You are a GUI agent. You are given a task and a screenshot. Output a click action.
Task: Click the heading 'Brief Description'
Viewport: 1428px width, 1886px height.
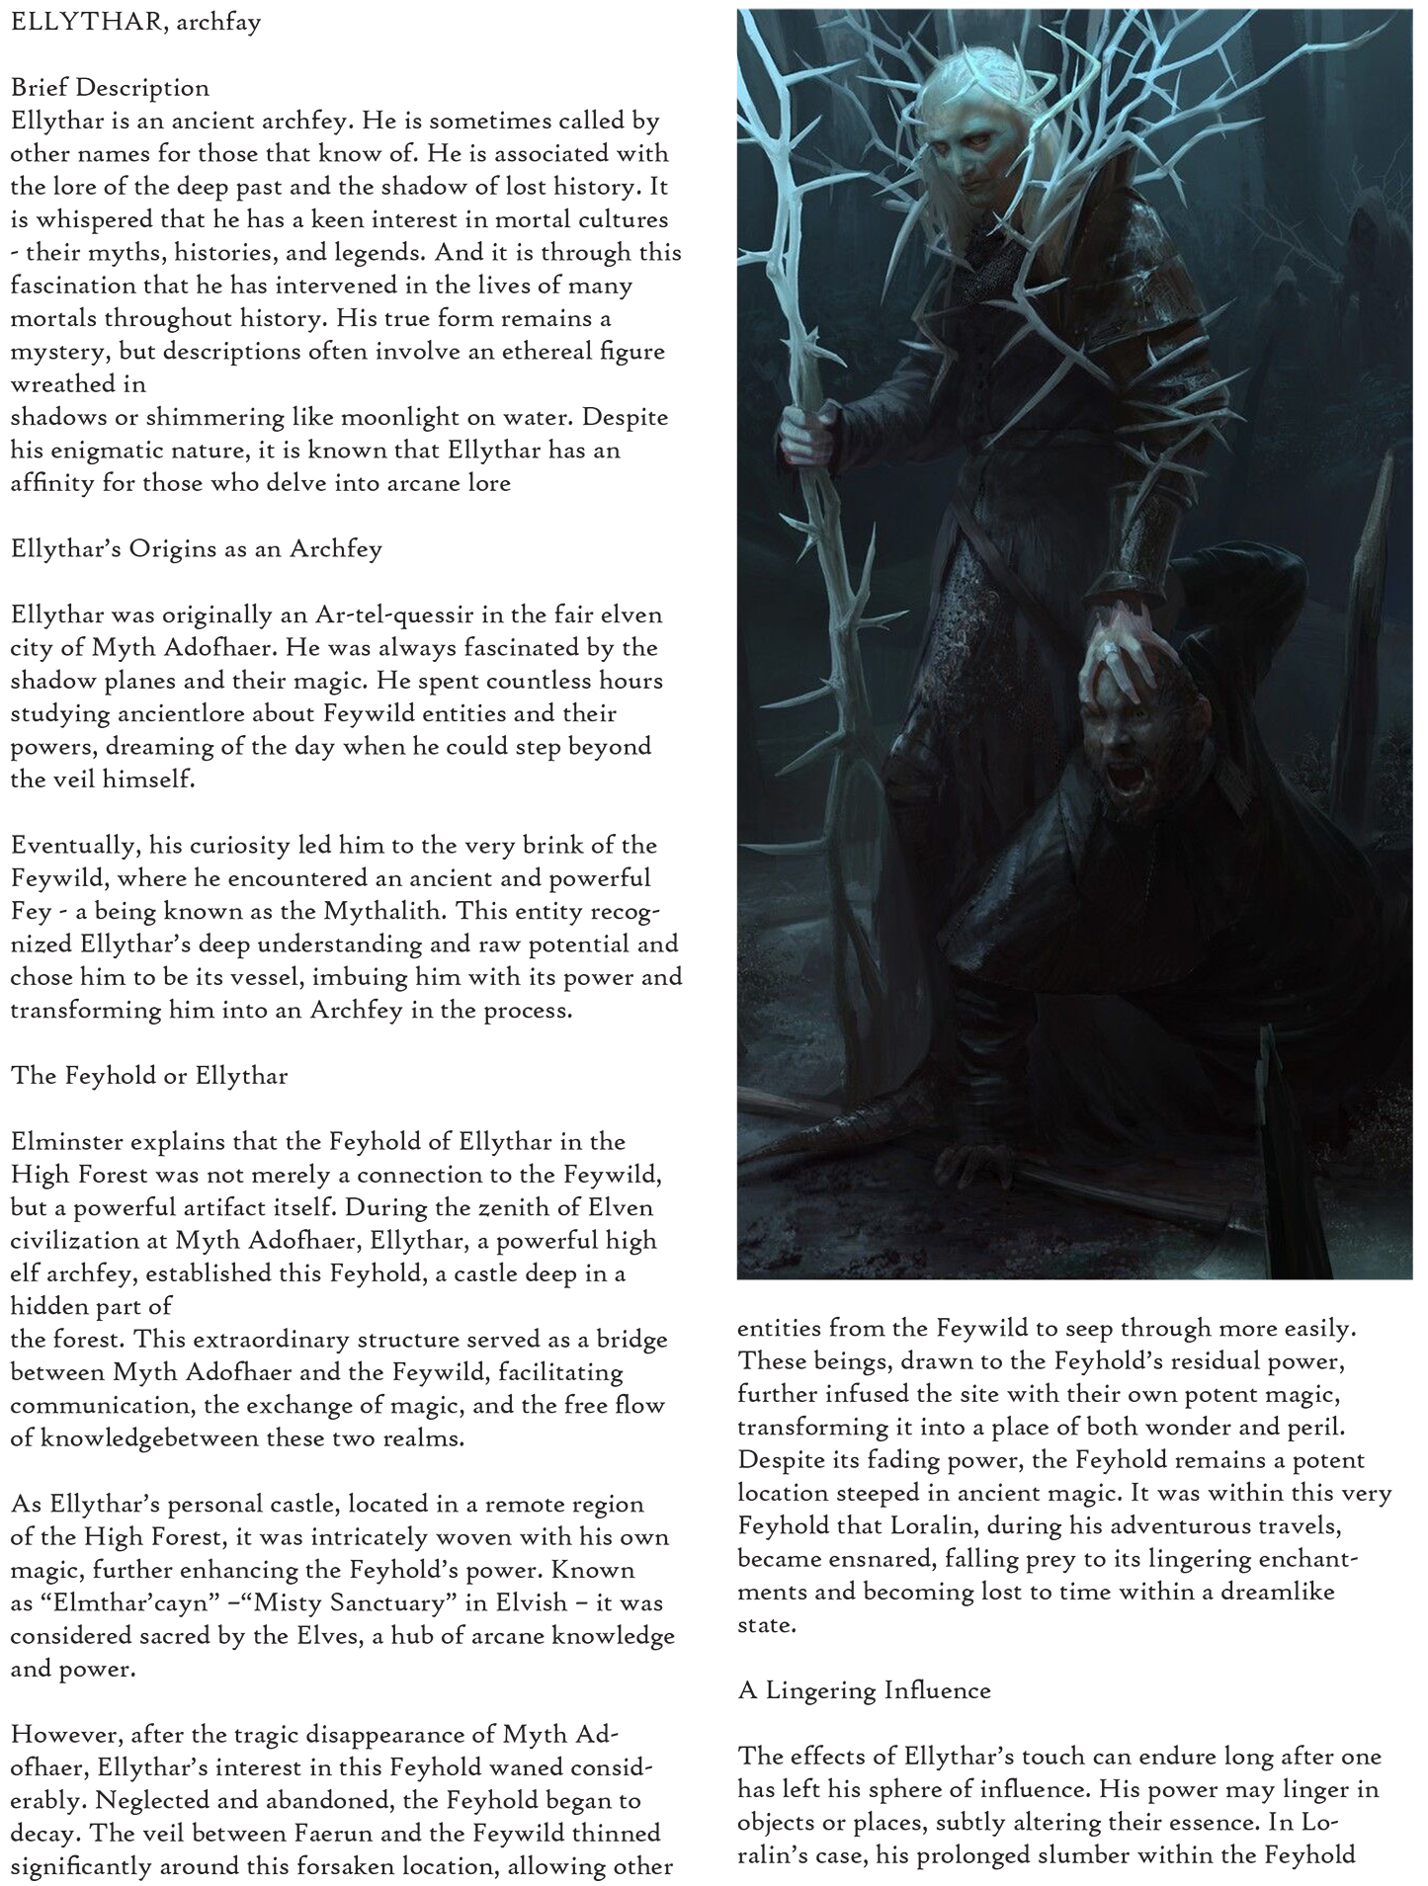pyautogui.click(x=110, y=88)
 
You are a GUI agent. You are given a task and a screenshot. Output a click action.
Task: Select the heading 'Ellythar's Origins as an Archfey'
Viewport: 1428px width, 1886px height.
pyautogui.click(x=196, y=549)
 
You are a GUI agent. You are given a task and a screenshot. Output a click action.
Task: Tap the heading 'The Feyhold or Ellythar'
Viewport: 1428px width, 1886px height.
pyautogui.click(x=149, y=1076)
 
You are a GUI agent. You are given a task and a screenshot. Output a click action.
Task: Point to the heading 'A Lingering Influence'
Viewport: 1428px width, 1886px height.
pyautogui.click(x=864, y=1689)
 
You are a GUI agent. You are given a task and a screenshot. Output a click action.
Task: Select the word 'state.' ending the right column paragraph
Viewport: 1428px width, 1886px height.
pyautogui.click(x=767, y=1624)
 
